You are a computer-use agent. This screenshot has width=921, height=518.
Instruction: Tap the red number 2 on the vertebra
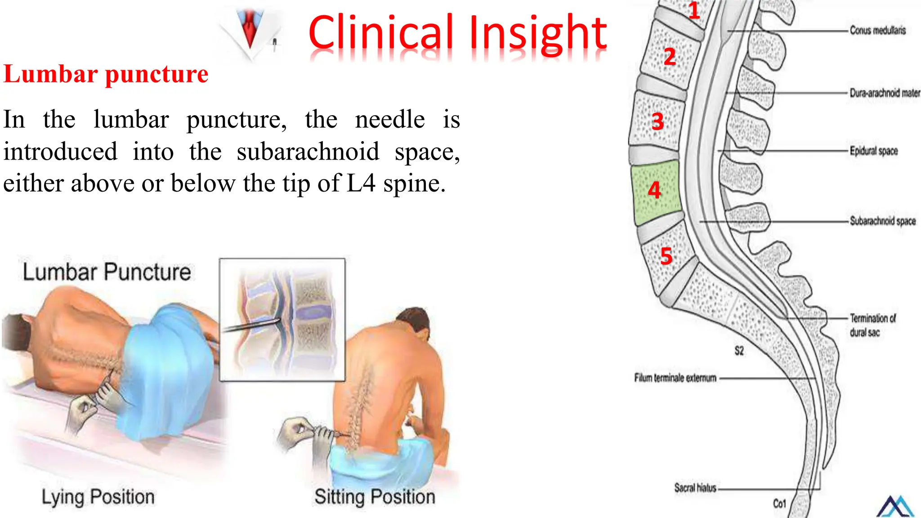tap(670, 57)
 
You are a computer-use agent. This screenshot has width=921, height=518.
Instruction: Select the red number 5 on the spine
tap(666, 256)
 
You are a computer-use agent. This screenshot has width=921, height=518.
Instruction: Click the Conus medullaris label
tap(877, 31)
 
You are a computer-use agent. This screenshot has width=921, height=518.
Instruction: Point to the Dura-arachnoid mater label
tap(884, 93)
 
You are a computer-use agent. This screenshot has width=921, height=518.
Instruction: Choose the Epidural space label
tap(873, 151)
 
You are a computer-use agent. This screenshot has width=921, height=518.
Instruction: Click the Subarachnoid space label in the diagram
tap(882, 221)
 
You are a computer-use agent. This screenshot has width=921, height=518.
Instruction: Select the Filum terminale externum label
tap(675, 378)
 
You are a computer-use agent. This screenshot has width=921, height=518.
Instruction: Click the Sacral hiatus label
tap(695, 488)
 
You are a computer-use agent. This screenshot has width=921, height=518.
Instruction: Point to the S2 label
tap(739, 351)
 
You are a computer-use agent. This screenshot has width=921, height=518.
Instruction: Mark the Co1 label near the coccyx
tap(779, 504)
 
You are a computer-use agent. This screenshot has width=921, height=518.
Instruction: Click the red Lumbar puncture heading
tap(106, 75)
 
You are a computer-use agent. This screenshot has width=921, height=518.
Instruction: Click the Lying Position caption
tap(98, 497)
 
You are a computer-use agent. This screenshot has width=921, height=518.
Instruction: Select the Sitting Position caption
tap(375, 497)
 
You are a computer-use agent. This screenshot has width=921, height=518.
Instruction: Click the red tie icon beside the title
tap(250, 29)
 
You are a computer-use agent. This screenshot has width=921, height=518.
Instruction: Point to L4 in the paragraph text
tap(361, 183)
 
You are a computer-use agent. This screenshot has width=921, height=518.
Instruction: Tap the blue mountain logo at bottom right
tap(895, 506)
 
